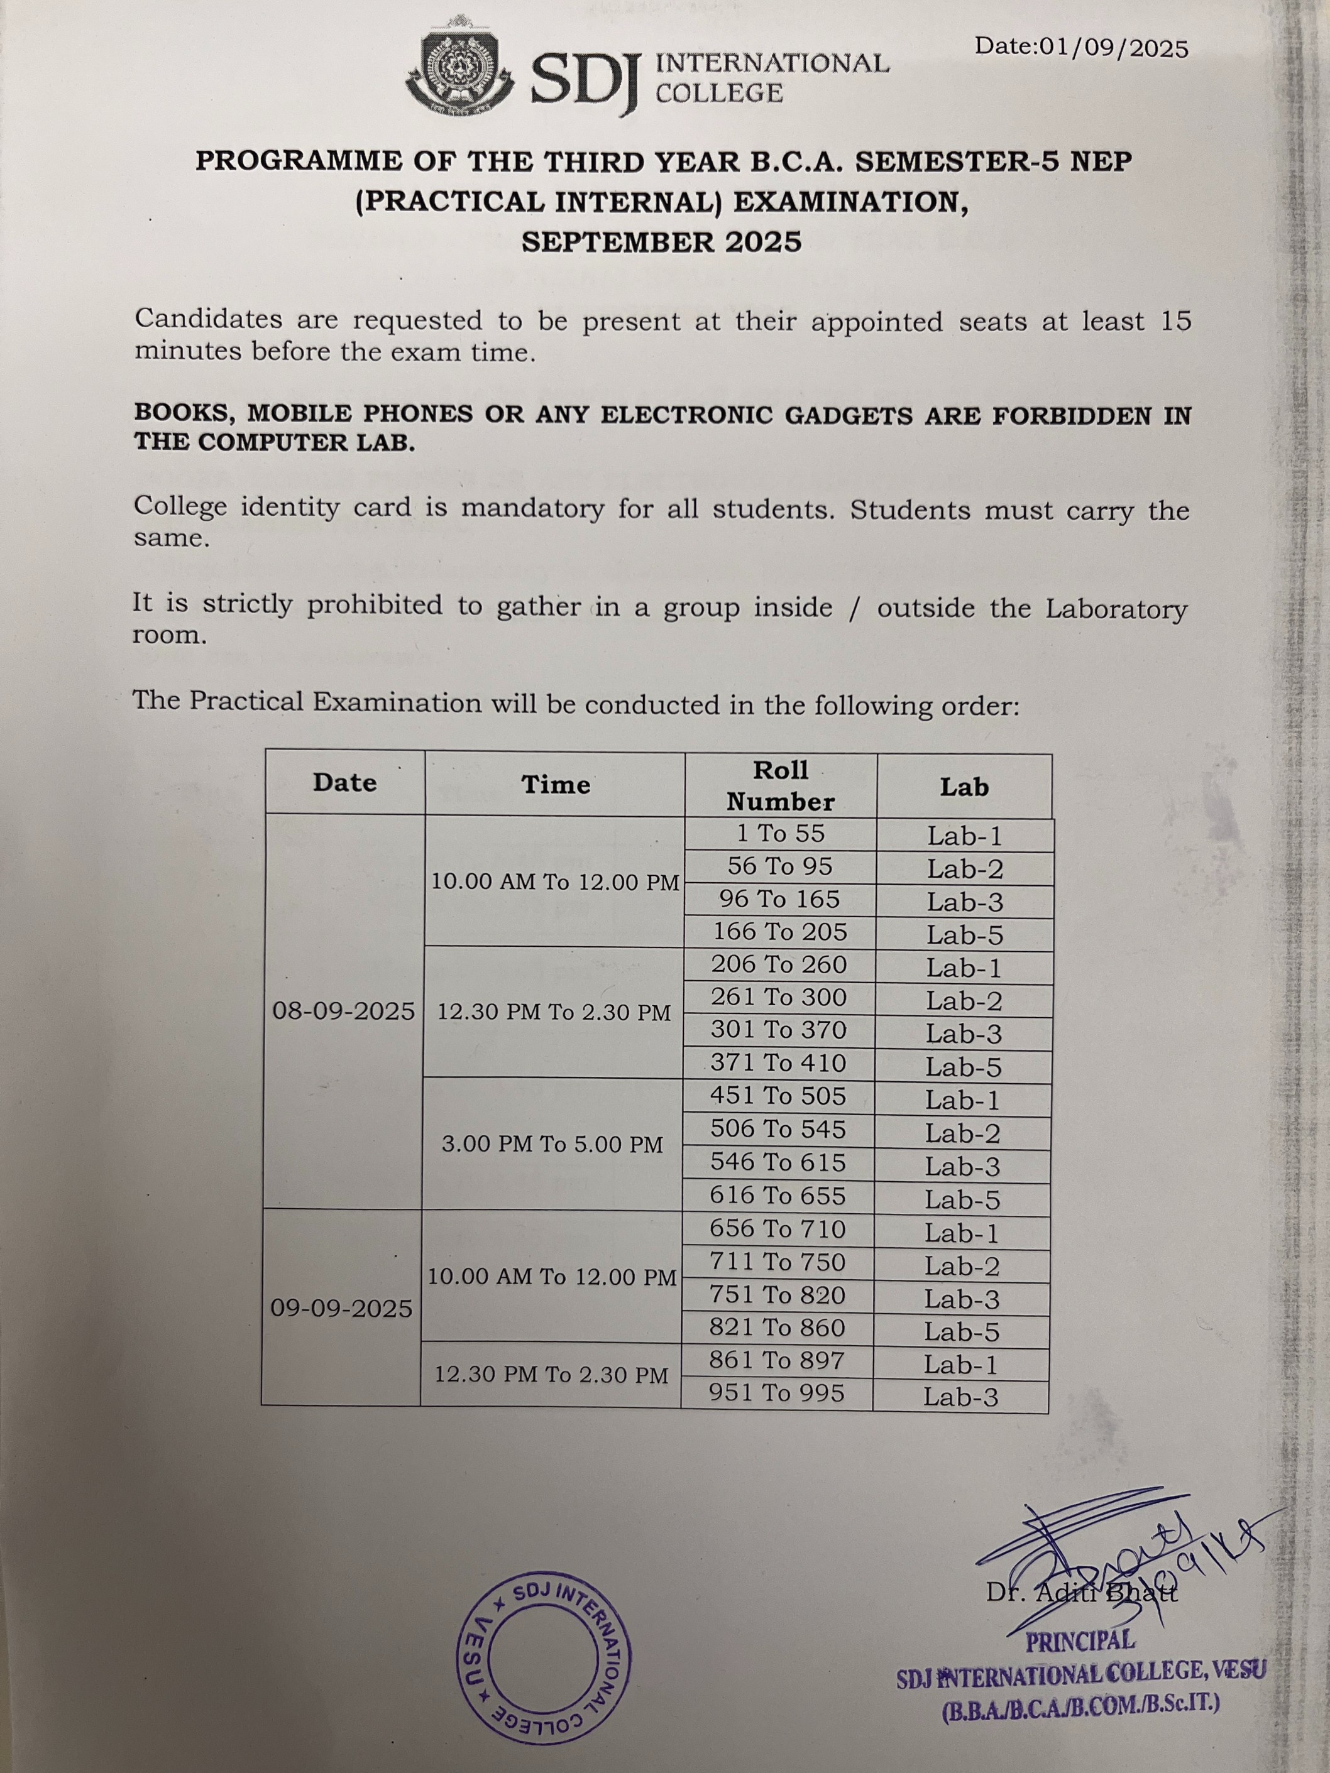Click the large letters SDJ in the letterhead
(583, 78)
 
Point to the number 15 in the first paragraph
(1175, 322)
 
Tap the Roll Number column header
(781, 785)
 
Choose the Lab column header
(964, 787)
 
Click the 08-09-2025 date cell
(344, 1011)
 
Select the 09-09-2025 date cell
(341, 1309)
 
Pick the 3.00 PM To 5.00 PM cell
(552, 1144)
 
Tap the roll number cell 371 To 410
(778, 1064)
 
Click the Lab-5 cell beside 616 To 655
(962, 1200)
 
